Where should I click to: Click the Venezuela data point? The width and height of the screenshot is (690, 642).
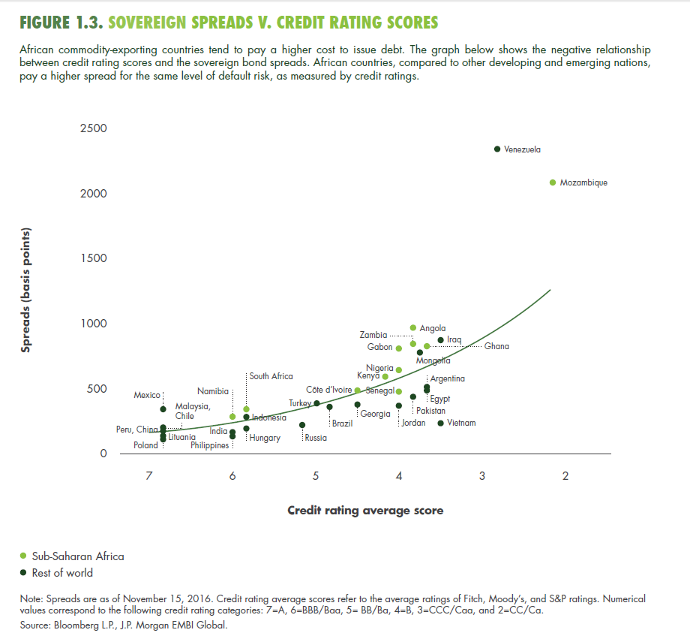pos(497,149)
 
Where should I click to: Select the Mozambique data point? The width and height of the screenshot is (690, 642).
pos(553,182)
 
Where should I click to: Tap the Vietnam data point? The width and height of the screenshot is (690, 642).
pos(441,423)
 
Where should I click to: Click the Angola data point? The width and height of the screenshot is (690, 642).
pos(413,328)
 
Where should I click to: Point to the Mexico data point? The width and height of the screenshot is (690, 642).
pos(163,409)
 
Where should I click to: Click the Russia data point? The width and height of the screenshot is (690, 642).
pos(302,425)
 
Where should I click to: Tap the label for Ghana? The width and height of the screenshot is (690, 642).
pos(496,346)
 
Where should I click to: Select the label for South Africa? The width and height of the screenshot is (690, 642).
pos(271,376)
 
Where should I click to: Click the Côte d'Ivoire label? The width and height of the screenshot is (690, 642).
pos(328,390)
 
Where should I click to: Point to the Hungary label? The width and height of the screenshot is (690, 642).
pos(265,438)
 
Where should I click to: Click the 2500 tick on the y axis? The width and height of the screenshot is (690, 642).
pos(94,128)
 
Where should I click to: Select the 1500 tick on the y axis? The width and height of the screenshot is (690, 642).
pos(94,258)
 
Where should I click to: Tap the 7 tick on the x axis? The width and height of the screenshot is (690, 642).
pos(149,476)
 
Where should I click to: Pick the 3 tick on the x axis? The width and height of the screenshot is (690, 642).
pos(482,476)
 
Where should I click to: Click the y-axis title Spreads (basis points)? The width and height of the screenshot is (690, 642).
pos(26,291)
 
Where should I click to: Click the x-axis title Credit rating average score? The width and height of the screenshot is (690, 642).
pos(365,511)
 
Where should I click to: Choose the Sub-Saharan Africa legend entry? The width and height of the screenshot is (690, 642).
pos(77,556)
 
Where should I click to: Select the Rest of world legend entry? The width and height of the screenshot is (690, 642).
pos(62,573)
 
